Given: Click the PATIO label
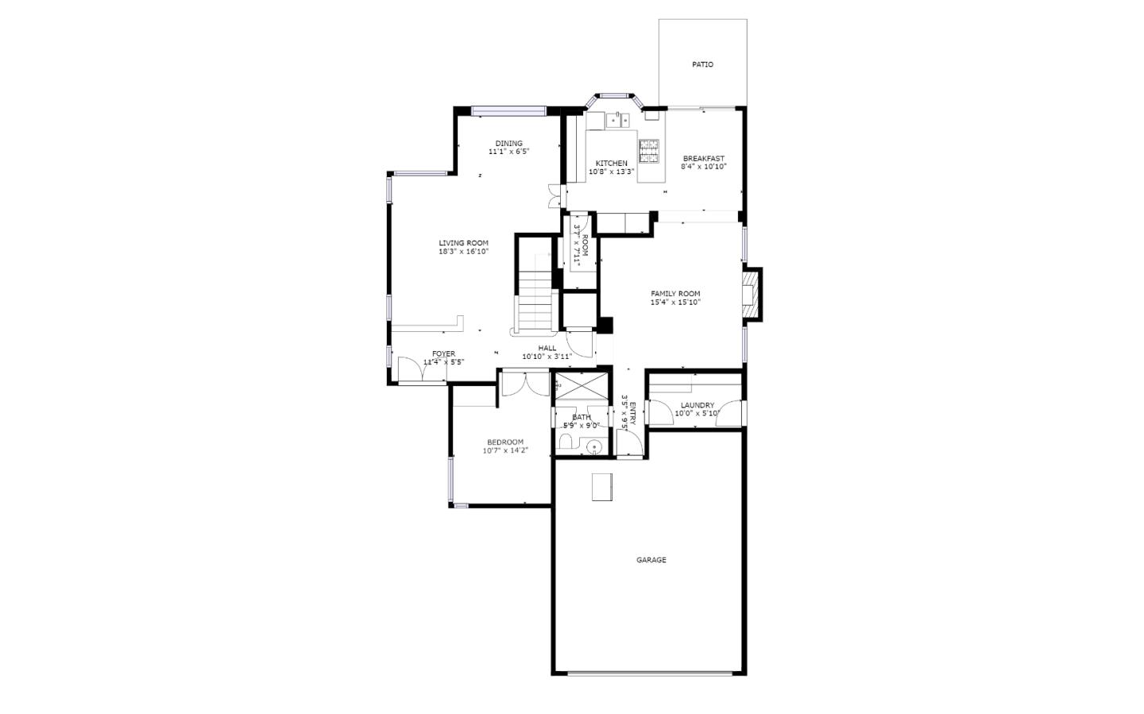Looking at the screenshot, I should pyautogui.click(x=702, y=64).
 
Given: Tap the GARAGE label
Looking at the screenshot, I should pyautogui.click(x=651, y=560).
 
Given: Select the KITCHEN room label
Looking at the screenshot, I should pyautogui.click(x=611, y=163).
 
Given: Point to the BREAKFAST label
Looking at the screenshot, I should pyautogui.click(x=703, y=158).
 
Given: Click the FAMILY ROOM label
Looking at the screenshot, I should pyautogui.click(x=675, y=294).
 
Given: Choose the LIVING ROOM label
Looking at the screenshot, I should pyautogui.click(x=463, y=243).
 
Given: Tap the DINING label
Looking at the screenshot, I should pyautogui.click(x=508, y=144).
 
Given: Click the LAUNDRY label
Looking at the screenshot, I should pyautogui.click(x=697, y=405).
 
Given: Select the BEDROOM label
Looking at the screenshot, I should pyautogui.click(x=504, y=442).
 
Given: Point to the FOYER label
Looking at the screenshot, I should pyautogui.click(x=443, y=353).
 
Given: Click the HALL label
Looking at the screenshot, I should pyautogui.click(x=547, y=348).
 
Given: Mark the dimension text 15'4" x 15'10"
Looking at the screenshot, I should pyautogui.click(x=675, y=303).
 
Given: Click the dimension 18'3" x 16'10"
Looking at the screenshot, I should pyautogui.click(x=463, y=252).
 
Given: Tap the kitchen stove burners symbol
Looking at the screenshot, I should pyautogui.click(x=649, y=151).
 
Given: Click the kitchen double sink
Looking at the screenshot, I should pyautogui.click(x=618, y=120).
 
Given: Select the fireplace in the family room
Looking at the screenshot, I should pyautogui.click(x=751, y=294).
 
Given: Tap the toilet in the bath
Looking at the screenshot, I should pyautogui.click(x=593, y=448).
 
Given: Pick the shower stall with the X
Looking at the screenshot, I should pyautogui.click(x=582, y=388).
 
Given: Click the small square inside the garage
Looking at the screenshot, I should pyautogui.click(x=601, y=487).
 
